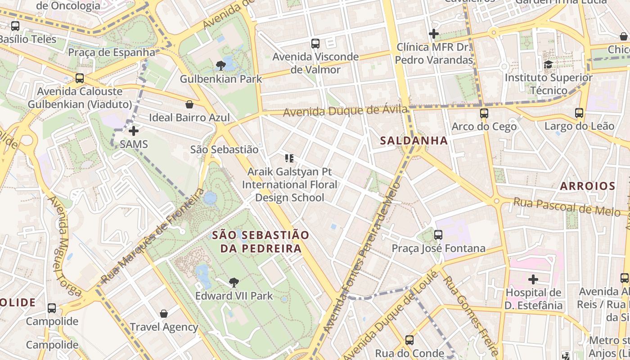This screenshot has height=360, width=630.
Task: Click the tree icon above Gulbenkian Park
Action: click(220, 66)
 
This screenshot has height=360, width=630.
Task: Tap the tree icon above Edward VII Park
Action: click(234, 283)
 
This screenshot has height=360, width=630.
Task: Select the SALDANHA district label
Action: click(414, 141)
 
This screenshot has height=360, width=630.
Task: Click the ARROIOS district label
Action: click(587, 186)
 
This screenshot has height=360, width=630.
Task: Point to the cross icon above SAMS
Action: click(134, 131)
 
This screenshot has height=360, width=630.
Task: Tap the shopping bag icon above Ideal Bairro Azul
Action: click(189, 104)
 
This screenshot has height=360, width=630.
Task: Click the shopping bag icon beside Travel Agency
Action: click(164, 314)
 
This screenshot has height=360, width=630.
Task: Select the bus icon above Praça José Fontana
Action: click(438, 235)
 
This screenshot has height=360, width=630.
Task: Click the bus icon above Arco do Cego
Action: click(484, 113)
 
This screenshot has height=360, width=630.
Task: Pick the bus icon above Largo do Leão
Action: click(579, 113)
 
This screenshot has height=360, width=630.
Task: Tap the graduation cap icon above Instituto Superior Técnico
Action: click(548, 64)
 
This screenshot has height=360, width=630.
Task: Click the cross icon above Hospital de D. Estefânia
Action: click(533, 279)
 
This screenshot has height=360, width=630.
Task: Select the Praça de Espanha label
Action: click(112, 52)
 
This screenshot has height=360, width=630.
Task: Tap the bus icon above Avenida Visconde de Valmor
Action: click(315, 44)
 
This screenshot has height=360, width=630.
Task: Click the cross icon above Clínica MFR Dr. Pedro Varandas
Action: click(434, 34)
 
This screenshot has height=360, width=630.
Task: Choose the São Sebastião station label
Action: click(224, 149)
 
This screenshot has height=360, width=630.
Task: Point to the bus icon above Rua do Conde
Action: click(409, 340)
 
